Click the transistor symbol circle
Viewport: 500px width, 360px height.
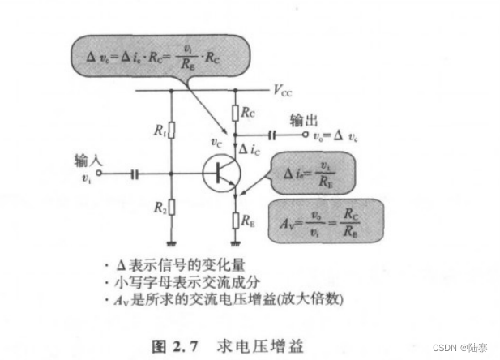(220, 173)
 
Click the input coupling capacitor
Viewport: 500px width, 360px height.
(135, 173)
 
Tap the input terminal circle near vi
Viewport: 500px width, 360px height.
(99, 173)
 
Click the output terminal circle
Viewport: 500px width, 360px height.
(305, 135)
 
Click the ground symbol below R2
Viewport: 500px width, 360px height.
(172, 242)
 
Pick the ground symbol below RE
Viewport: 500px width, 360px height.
(235, 242)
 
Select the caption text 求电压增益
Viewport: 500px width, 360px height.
(259, 345)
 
